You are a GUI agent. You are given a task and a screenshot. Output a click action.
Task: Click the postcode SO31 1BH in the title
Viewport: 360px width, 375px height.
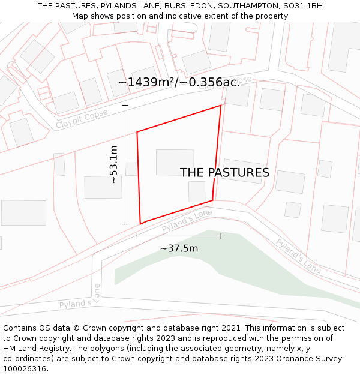coord(302,5)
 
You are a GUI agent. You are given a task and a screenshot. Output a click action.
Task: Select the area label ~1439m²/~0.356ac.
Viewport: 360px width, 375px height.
coord(179,82)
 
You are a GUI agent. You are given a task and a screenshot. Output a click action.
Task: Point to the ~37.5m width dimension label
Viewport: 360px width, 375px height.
coord(179,248)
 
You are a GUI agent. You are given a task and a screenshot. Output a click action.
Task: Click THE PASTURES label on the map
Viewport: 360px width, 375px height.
coord(224,173)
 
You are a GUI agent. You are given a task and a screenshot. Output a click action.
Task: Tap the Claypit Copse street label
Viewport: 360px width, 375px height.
coord(82,118)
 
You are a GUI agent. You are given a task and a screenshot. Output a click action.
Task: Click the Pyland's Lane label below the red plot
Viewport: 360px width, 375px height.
coord(187,221)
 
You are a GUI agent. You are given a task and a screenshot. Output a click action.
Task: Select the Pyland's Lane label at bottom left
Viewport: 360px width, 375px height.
coord(80,304)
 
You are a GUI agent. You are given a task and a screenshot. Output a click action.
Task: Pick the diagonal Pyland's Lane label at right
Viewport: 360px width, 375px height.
coord(298,256)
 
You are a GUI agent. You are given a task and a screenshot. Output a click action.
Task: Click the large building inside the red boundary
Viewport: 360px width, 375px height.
coord(175,162)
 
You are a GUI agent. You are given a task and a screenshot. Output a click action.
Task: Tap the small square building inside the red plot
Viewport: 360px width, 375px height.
coord(197,191)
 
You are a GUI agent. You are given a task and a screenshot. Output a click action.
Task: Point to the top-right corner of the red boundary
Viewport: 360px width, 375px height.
coord(221,106)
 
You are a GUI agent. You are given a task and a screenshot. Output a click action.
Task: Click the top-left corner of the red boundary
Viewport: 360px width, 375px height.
coord(137,132)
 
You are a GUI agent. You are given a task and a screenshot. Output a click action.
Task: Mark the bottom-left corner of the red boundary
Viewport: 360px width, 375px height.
coord(140,224)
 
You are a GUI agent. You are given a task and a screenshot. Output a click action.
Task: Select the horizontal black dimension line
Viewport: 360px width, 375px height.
coord(179,236)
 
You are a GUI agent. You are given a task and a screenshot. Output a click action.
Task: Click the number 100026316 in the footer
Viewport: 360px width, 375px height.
coord(25,368)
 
